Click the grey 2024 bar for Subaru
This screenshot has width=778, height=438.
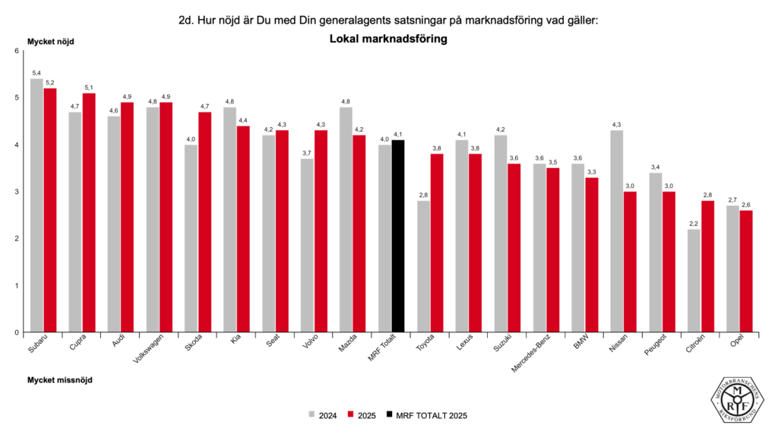point(36,205)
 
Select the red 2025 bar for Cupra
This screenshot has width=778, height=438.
point(89,212)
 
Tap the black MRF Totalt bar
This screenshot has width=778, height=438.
point(398,236)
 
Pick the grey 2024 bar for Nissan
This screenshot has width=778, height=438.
point(616,231)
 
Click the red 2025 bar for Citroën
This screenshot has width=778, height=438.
point(707,266)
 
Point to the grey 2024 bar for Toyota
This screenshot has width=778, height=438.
point(423,266)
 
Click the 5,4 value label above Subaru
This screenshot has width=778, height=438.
point(36,72)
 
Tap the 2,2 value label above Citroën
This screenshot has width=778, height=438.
point(694,223)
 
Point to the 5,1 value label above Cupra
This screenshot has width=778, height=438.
point(89,87)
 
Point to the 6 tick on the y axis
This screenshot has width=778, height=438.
point(17,51)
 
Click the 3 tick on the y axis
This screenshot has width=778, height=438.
point(17,192)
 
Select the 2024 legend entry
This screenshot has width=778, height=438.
point(322,415)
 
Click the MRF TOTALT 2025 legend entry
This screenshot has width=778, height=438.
point(426,415)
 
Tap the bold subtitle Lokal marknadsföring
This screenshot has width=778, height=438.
point(388,39)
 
